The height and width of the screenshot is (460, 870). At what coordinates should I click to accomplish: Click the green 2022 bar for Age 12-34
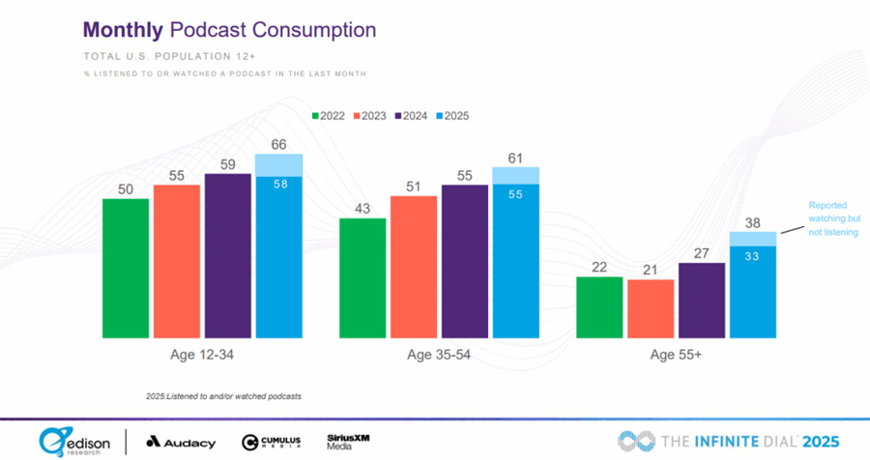click(x=126, y=268)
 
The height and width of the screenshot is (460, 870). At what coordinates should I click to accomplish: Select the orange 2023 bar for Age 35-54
click(x=414, y=267)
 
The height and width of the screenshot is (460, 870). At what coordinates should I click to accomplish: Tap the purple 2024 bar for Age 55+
click(x=702, y=300)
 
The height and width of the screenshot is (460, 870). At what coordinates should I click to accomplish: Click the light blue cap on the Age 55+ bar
click(x=753, y=239)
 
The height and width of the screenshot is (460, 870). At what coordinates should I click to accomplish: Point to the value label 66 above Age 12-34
click(x=278, y=144)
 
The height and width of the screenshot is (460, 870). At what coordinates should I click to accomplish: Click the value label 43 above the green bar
click(x=362, y=208)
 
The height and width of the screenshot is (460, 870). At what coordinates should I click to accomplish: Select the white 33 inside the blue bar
click(x=753, y=257)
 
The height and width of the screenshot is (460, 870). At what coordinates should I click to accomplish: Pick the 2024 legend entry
click(x=413, y=116)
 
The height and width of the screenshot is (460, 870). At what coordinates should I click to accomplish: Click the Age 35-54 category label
click(x=439, y=355)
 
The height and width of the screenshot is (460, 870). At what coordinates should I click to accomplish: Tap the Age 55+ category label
click(x=677, y=355)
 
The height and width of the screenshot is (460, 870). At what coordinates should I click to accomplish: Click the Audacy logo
click(x=180, y=442)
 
